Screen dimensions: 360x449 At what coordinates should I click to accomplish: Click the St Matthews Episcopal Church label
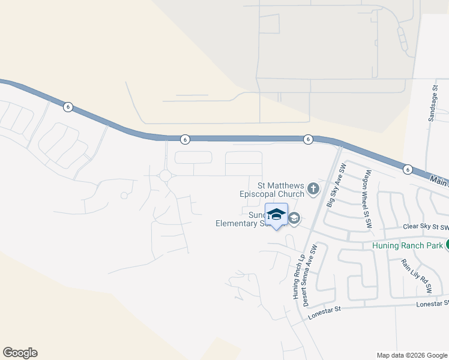pyautogui.click(x=272, y=190)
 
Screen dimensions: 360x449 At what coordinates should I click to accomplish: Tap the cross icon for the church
pyautogui.click(x=313, y=190)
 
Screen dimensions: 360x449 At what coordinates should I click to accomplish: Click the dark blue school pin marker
pyautogui.click(x=276, y=215)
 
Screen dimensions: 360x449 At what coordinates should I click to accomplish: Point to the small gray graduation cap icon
pyautogui.click(x=294, y=218)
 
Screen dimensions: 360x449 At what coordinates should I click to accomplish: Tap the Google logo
pyautogui.click(x=20, y=353)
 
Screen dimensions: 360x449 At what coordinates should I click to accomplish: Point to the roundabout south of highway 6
pyautogui.click(x=165, y=176)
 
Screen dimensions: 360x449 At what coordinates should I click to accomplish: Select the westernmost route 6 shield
pyautogui.click(x=68, y=107)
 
